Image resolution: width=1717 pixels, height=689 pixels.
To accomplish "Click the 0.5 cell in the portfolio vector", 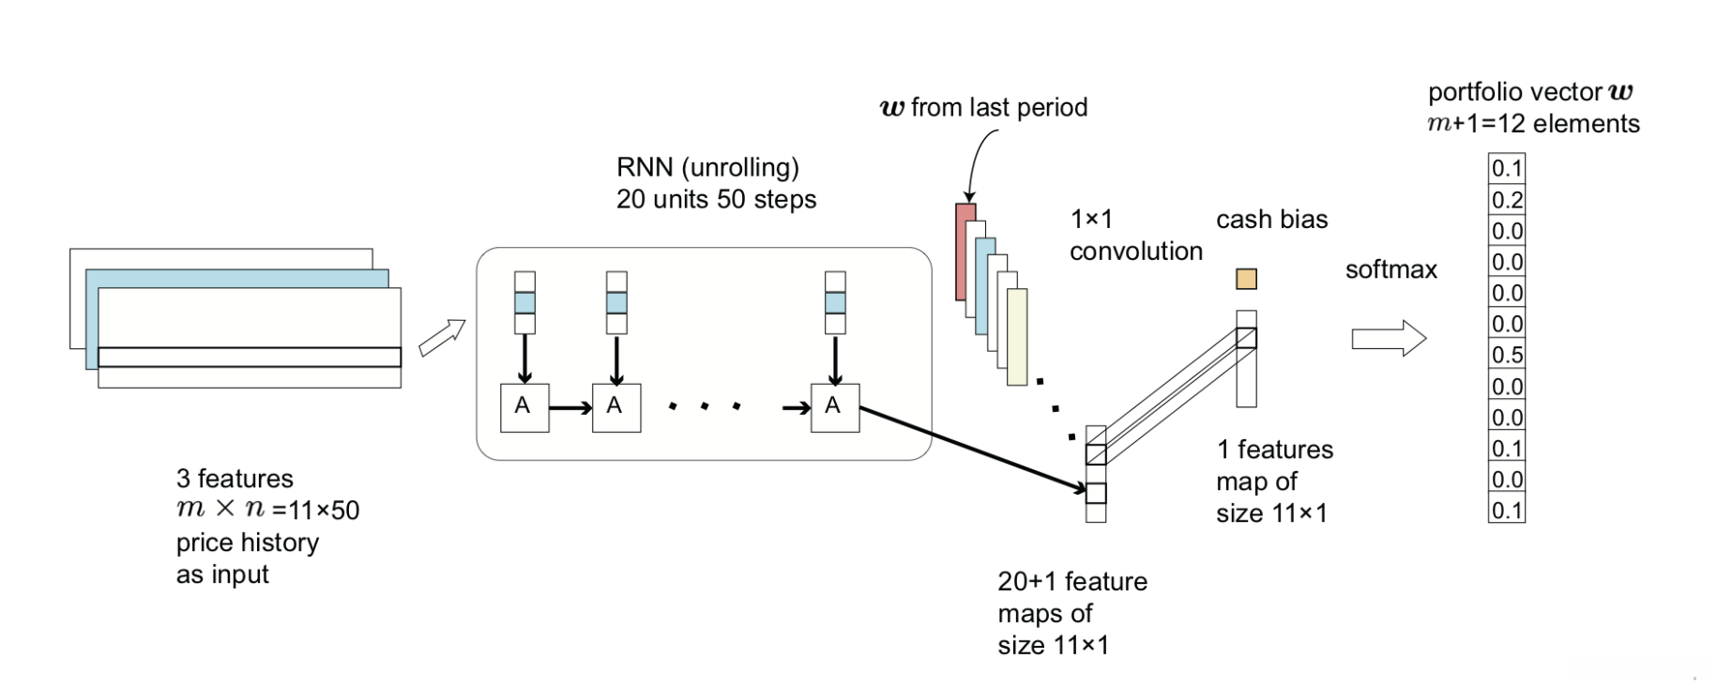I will coord(1507,355).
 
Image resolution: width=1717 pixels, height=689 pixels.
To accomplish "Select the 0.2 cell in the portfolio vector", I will coord(1507,200).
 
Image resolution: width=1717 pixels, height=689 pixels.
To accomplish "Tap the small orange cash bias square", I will coord(1246,279).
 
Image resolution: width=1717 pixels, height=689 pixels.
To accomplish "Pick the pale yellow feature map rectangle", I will coord(1018,338).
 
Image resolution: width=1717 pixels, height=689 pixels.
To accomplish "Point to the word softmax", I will coord(1390,270).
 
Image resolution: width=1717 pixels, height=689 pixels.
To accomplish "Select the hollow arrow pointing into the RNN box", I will coord(442,338).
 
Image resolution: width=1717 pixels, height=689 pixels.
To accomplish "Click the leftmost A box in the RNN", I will coord(524,407).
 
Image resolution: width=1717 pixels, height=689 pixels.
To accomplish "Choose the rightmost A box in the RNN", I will coord(834,407).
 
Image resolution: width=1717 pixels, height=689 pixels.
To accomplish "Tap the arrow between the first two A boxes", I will coord(570,407).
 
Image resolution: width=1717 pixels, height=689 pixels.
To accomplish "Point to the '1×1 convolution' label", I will coord(1135,236).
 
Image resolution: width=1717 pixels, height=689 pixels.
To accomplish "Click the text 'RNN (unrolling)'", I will coord(707,167).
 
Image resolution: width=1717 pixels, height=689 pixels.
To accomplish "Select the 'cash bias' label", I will coord(1271,220).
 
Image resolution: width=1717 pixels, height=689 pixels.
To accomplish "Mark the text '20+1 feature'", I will coord(1071,582).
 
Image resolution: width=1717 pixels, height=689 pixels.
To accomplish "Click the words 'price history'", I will coord(248,543).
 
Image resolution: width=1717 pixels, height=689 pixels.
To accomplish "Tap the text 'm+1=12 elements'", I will coord(1533,124).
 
